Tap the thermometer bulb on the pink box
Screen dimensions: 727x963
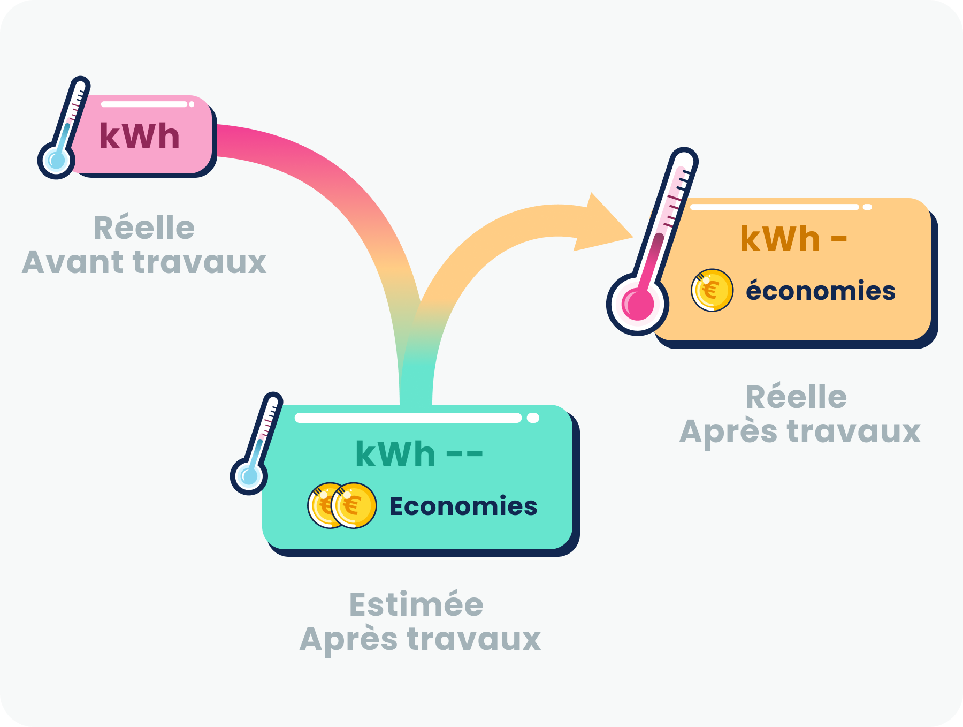[56, 160]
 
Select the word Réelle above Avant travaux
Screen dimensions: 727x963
[144, 228]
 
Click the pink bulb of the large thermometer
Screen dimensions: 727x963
[638, 304]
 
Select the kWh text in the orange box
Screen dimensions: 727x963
[780, 239]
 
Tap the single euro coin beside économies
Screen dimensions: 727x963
[712, 290]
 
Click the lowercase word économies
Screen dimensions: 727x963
[821, 291]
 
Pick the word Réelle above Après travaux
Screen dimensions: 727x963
[796, 397]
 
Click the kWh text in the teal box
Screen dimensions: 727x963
[395, 455]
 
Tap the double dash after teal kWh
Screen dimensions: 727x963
[464, 455]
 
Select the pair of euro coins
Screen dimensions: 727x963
[342, 505]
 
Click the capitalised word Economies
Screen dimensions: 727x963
[463, 506]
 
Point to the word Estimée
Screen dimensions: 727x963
[416, 605]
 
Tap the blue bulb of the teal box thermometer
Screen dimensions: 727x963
[249, 476]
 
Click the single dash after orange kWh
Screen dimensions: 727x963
[839, 239]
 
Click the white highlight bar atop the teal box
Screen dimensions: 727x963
[408, 418]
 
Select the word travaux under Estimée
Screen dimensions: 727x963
[474, 639]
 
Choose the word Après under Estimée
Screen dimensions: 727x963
[348, 639]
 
